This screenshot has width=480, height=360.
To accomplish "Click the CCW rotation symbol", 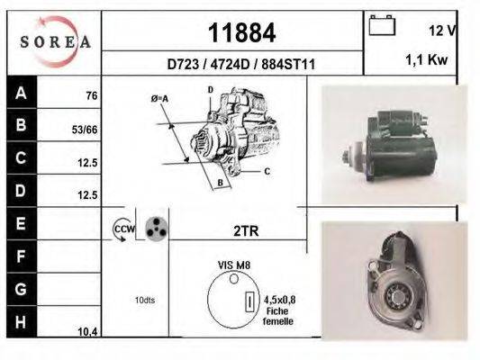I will click(122, 230).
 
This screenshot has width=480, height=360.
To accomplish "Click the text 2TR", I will click(246, 230).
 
